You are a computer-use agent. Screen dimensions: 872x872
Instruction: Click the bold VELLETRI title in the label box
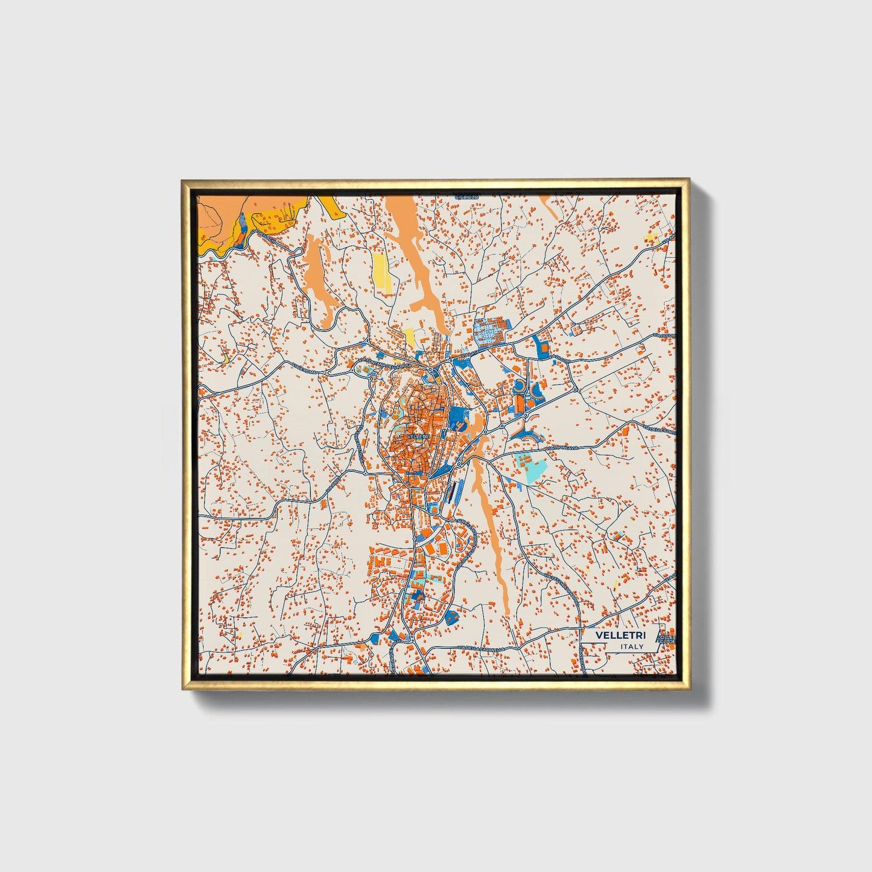[620, 635]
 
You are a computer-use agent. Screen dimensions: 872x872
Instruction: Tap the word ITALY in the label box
[631, 646]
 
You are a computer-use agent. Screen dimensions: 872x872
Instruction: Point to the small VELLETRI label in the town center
[417, 436]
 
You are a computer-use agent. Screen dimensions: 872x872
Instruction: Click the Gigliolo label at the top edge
[466, 197]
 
